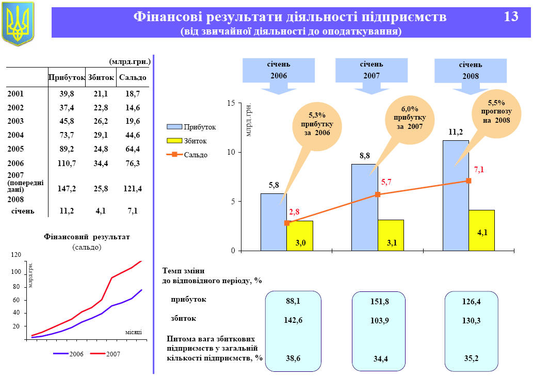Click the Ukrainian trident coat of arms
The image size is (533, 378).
pos(18,23)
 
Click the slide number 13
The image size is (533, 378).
pos(511,17)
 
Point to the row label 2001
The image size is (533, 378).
pos(15,94)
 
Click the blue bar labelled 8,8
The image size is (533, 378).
pos(364,206)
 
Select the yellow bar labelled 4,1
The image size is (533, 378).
pos(482,230)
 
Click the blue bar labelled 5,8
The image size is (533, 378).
pos(273,222)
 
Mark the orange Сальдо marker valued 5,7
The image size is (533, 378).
pos(378,194)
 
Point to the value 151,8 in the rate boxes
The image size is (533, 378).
pos(380,302)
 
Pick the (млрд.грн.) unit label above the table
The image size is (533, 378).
pos(130,61)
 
